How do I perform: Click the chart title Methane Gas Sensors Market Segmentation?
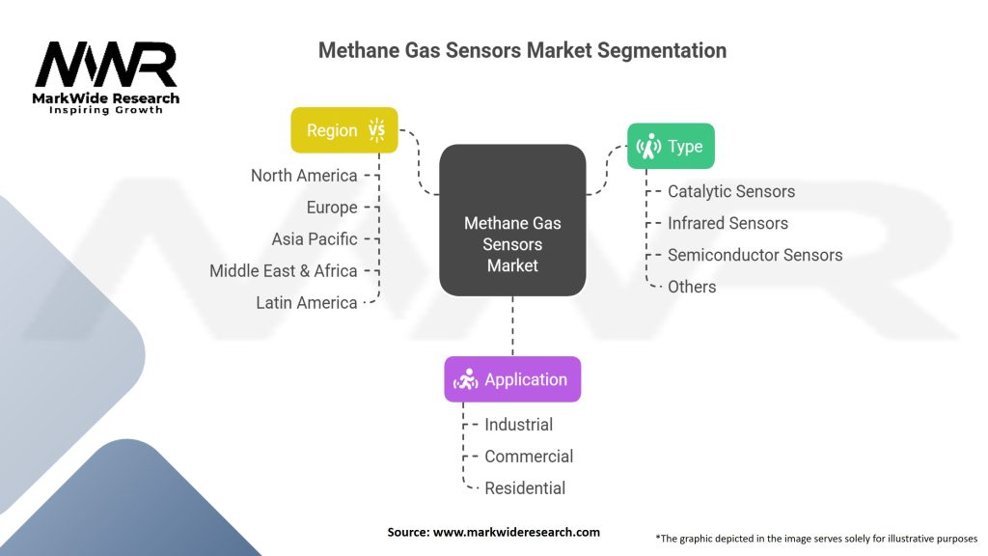pos(522,50)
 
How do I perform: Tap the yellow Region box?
pos(344,130)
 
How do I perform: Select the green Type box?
pos(671,147)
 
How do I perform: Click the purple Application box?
pos(512,379)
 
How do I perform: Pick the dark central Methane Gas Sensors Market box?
pos(512,221)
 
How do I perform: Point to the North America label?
pos(304,176)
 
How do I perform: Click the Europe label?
pos(332,208)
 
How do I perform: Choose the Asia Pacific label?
pos(315,239)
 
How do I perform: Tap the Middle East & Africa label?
pos(284,271)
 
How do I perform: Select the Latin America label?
pos(307,303)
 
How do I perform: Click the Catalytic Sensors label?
pos(731,191)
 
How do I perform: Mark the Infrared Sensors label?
pos(727,223)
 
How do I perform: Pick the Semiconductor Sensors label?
pos(755,255)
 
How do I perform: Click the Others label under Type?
pos(692,287)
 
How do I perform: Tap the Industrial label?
pos(518,425)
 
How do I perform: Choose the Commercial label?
pos(529,457)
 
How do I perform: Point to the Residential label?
pos(525,488)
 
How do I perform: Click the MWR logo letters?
pos(106,66)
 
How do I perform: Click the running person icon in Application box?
pos(467,379)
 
